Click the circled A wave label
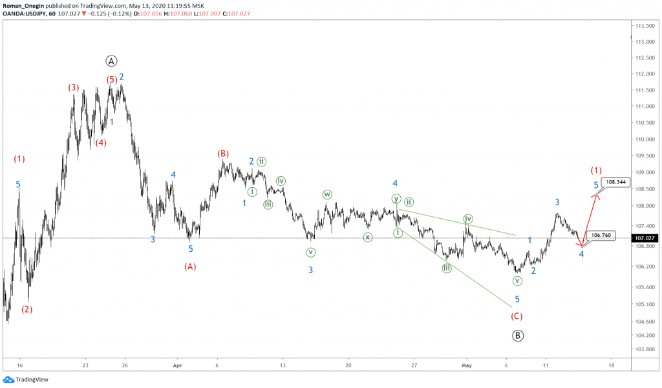(x=111, y=61)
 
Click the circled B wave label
(x=518, y=335)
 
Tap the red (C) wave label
(x=517, y=316)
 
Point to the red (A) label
(x=190, y=266)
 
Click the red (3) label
(x=74, y=87)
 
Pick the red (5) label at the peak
(x=112, y=80)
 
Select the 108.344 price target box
(x=614, y=182)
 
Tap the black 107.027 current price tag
(x=643, y=238)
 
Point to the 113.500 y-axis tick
(x=642, y=26)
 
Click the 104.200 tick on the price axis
(x=642, y=336)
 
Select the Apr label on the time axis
(x=176, y=365)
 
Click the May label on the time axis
(x=467, y=365)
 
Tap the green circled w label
(x=327, y=194)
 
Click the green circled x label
(x=367, y=237)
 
